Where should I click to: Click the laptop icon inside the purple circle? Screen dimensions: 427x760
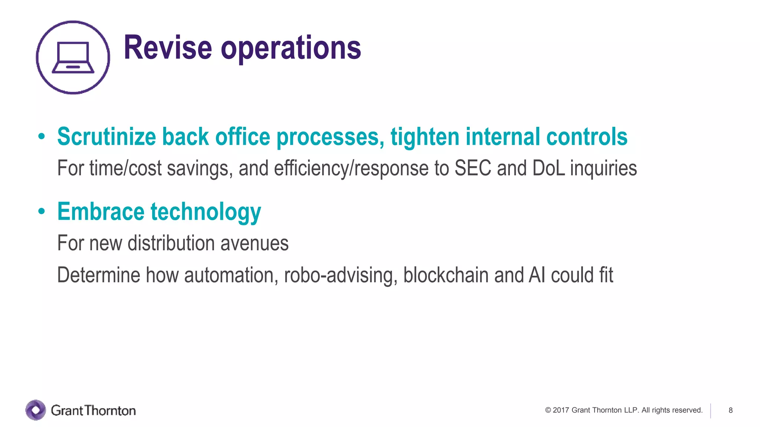pyautogui.click(x=73, y=57)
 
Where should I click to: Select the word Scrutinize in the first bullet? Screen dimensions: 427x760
pyautogui.click(x=107, y=136)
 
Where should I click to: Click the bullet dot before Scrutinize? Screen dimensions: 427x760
pyautogui.click(x=42, y=137)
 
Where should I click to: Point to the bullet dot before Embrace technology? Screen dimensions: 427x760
pyautogui.click(x=42, y=211)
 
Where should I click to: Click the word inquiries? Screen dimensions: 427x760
pyautogui.click(x=603, y=168)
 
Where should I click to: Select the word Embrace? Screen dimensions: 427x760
pyautogui.click(x=101, y=211)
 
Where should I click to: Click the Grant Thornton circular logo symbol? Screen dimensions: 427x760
pyautogui.click(x=36, y=410)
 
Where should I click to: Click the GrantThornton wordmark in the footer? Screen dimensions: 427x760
pyautogui.click(x=93, y=410)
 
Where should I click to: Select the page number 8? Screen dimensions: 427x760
pyautogui.click(x=730, y=410)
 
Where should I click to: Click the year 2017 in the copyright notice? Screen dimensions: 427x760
pyautogui.click(x=561, y=410)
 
